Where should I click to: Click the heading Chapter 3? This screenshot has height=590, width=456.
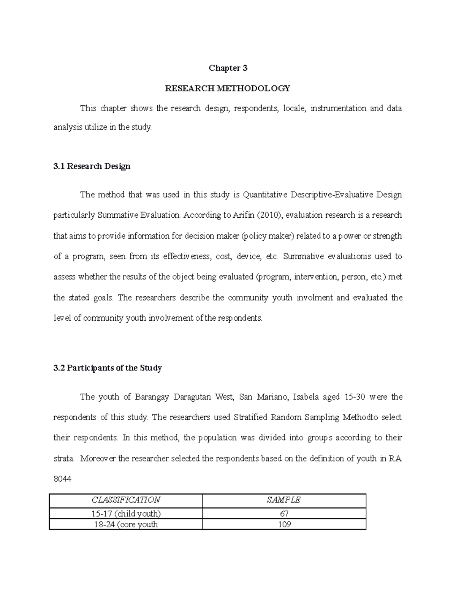pos(228,68)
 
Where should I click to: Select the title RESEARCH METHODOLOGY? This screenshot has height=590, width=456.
pos(227,89)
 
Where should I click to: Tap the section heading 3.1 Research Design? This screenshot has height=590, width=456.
pos(92,166)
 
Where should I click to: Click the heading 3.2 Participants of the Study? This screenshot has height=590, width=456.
pos(108,368)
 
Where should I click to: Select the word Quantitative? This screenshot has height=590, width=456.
pos(265,195)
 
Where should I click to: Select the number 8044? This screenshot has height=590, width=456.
pos(62,479)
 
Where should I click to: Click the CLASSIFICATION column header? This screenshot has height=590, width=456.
pos(126,500)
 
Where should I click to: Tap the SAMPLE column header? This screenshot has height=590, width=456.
pos(284,500)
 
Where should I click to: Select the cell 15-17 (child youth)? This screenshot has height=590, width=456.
pos(126,514)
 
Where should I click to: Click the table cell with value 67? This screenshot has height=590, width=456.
pos(284,514)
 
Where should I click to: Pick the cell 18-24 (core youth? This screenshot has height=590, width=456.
pos(126,525)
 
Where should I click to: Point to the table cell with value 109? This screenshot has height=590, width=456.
pos(284,525)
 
